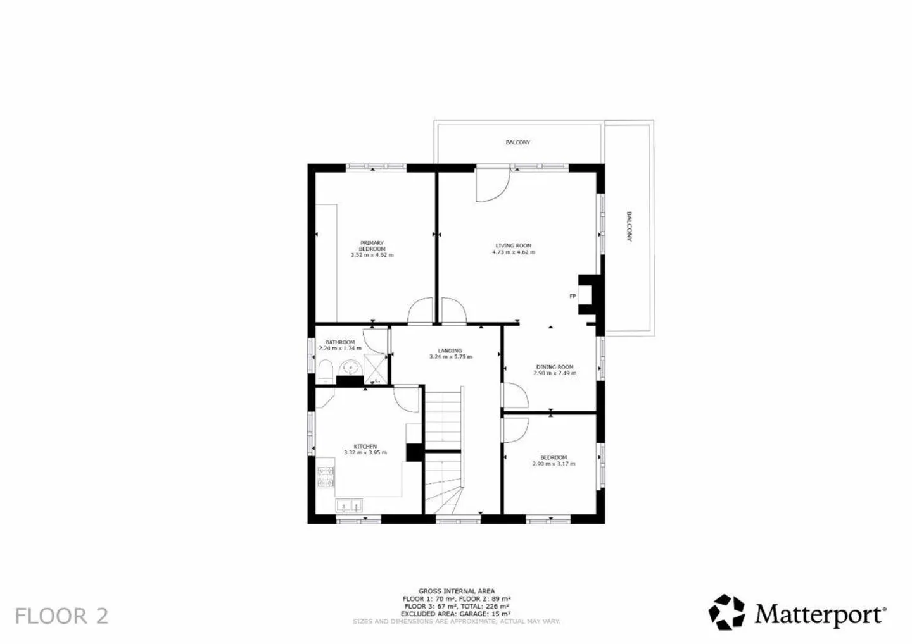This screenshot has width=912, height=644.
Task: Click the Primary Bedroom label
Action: [372, 245]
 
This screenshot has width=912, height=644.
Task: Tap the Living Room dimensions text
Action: [513, 252]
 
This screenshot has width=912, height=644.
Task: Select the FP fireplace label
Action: [573, 296]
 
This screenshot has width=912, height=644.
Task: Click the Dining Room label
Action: [555, 367]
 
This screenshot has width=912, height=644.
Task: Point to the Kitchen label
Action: [365, 446]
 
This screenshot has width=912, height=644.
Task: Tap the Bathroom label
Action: [340, 342]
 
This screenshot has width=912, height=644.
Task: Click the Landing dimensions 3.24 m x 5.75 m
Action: [450, 357]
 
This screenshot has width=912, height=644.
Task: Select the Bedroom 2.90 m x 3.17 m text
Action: [554, 464]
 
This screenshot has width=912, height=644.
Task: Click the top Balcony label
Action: [517, 142]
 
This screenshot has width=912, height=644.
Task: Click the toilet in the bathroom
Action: [325, 372]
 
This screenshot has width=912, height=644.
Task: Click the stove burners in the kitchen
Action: [325, 478]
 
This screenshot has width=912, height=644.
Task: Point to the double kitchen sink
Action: [349, 505]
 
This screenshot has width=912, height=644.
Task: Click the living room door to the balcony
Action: [493, 184]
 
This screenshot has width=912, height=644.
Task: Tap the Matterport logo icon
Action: [726, 612]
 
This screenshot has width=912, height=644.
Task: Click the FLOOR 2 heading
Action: [61, 616]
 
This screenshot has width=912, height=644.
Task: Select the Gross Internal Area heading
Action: [456, 591]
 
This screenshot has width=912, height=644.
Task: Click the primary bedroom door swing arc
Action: [419, 311]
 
